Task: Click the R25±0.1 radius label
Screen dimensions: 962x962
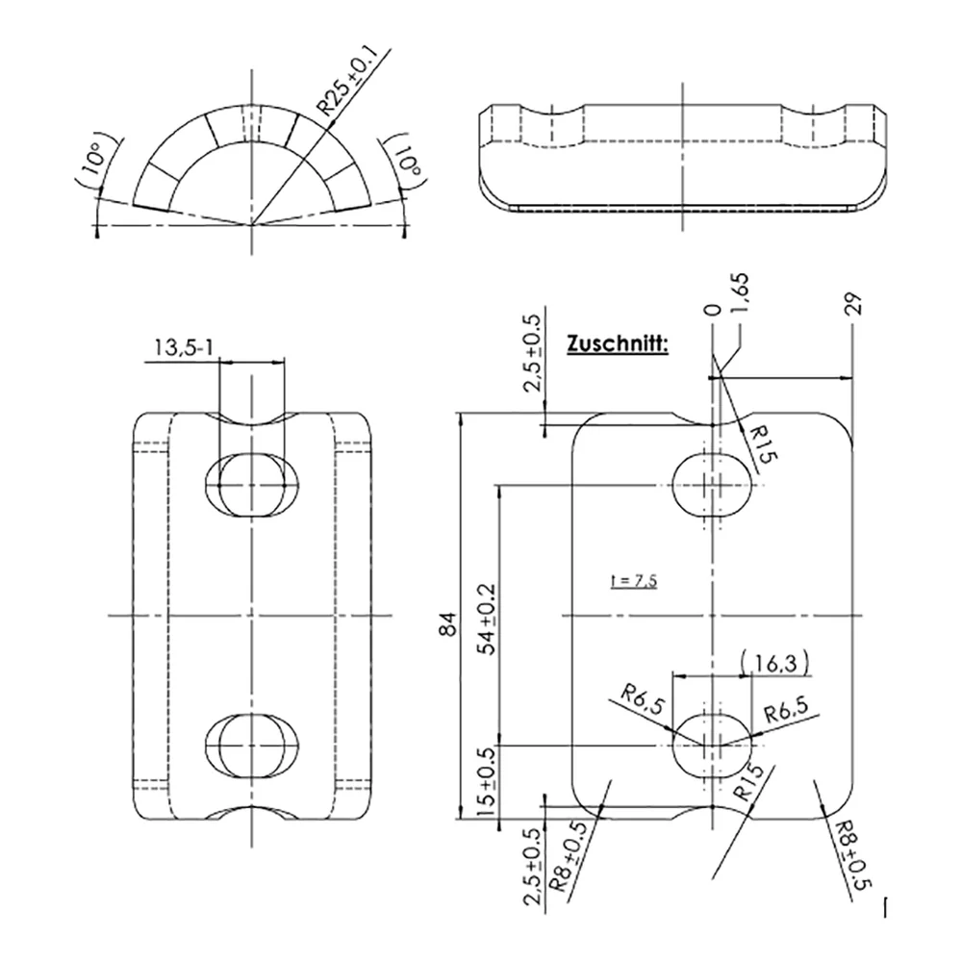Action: click(346, 82)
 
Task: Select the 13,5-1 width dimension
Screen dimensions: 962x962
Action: click(184, 348)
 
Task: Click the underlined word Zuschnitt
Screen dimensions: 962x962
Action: click(618, 343)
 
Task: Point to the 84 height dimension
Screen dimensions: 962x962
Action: click(448, 624)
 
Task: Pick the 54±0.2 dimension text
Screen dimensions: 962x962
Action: click(488, 619)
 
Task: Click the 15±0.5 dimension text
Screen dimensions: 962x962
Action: click(487, 782)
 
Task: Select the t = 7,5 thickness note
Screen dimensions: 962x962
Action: click(634, 580)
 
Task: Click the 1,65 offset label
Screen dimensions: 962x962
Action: click(741, 293)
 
